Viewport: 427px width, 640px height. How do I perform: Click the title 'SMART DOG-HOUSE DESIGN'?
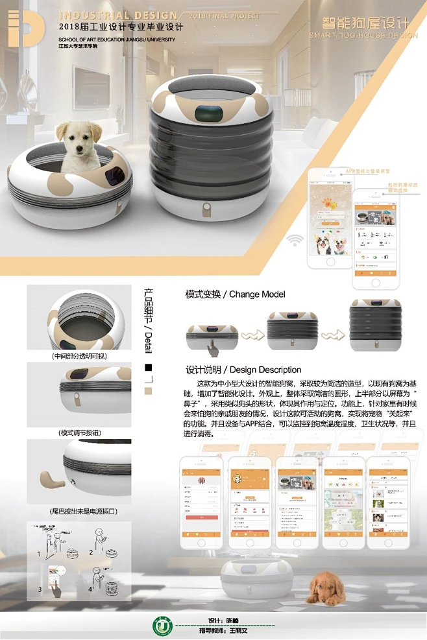363,35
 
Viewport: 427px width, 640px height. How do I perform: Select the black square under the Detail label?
147,368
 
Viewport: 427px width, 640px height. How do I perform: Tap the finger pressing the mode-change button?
211,349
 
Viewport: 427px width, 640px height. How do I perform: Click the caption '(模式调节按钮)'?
80,433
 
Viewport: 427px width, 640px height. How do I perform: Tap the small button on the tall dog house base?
206,211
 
